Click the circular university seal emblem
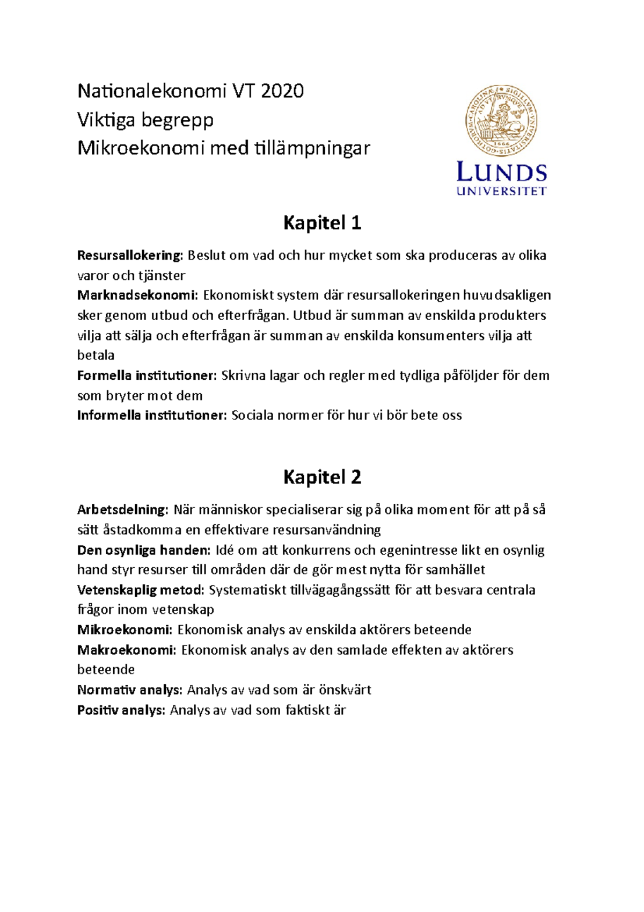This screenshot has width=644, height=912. coord(501,120)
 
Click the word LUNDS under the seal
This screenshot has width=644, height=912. coord(501,172)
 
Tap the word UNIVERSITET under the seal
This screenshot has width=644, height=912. coord(501,191)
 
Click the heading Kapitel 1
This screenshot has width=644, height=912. coord(322,222)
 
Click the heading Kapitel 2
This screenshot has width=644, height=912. coord(322,476)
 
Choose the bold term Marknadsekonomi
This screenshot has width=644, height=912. coord(137,295)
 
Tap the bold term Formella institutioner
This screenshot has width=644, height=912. coord(147,375)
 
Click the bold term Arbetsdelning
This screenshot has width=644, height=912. coord(122,509)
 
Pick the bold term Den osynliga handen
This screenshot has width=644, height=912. coord(143,550)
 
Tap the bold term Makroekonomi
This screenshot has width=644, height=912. coord(126,650)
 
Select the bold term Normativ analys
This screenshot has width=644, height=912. coord(130,690)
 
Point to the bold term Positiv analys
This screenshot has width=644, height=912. coord(121,710)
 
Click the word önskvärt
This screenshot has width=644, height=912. coord(345,690)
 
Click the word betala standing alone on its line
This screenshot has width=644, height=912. coord(96,355)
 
